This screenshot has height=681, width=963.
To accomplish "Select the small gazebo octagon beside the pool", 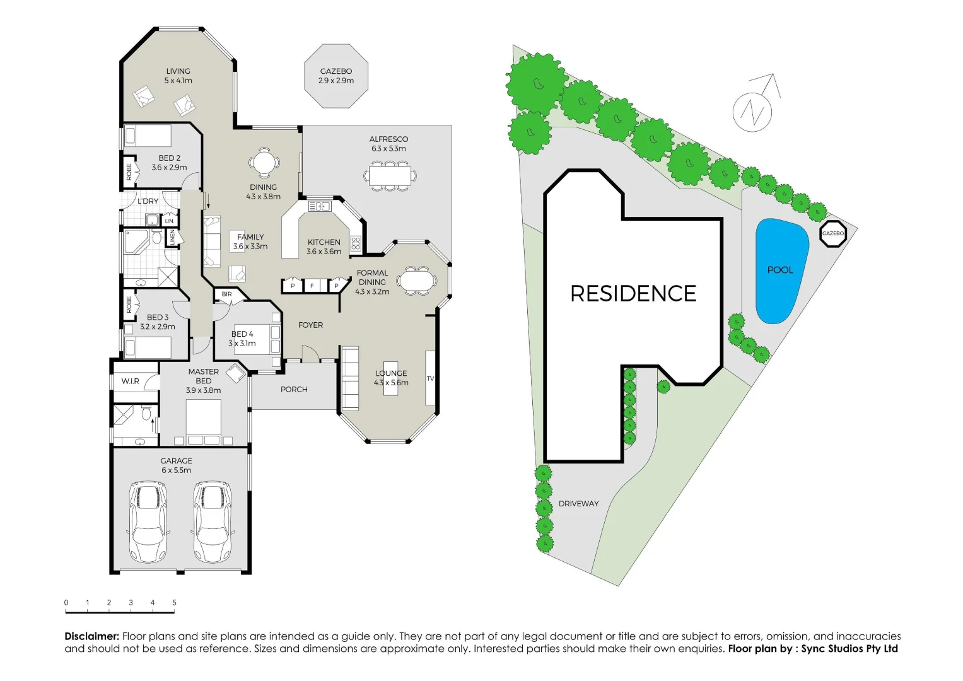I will coord(832,234).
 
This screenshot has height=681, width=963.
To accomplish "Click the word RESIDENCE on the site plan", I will coord(633,294).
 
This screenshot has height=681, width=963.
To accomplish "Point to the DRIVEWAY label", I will coord(578,504).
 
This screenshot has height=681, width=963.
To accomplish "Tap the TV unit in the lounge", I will coord(431,378).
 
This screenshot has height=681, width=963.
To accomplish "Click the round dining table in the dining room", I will coord(264,163).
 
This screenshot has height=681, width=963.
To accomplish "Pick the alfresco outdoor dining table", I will coord(390,174).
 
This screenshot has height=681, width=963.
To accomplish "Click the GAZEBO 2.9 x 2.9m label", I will coord(336,76).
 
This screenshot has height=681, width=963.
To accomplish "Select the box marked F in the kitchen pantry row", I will coord(312,286).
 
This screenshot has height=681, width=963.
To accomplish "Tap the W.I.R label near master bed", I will coord(131,381).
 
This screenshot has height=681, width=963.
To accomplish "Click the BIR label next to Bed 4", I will coord(227,294).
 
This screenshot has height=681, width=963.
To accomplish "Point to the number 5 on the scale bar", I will coord(174,603).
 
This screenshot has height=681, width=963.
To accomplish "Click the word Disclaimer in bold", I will coord(92,636).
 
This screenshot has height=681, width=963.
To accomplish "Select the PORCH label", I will coord(294,390).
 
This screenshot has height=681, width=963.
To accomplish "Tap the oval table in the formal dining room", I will coord(416,281).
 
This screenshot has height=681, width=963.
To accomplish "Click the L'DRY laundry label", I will coord(148,201).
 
